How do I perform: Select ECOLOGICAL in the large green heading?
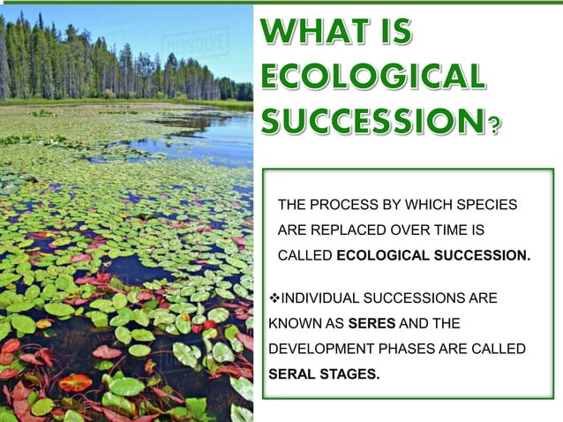(372, 77)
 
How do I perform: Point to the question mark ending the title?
(494, 124)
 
